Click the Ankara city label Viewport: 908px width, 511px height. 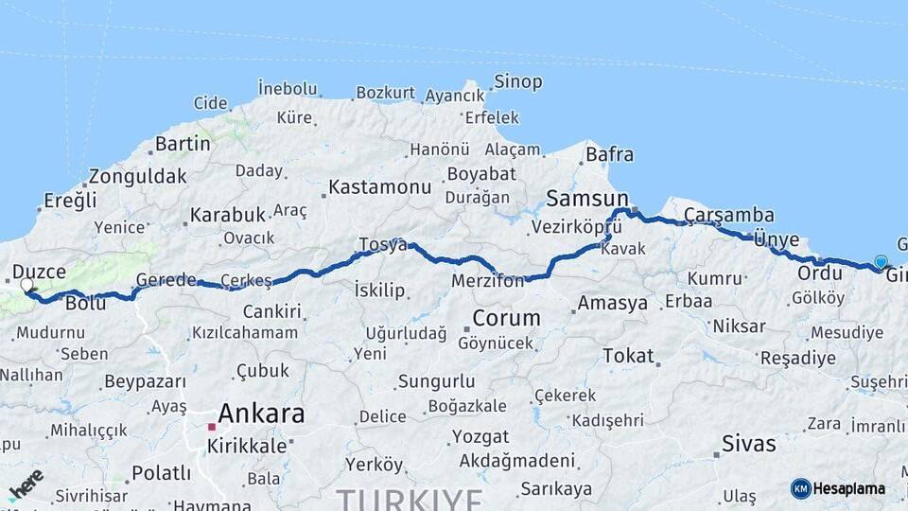(261, 414)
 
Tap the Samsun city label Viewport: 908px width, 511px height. (582, 198)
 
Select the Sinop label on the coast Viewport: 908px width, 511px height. (518, 81)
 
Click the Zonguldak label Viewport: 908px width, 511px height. (137, 176)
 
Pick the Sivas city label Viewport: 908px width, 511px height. (748, 443)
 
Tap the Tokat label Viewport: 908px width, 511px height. (628, 356)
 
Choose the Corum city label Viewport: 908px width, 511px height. (506, 318)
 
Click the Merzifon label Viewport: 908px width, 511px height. (487, 281)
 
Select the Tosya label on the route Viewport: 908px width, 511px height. (382, 245)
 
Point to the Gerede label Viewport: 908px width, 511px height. (166, 280)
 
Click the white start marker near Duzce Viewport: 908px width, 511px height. (26, 285)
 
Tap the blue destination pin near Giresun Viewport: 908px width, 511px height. (881, 262)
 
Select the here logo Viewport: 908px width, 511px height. (26, 484)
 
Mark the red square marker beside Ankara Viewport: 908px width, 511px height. (211, 427)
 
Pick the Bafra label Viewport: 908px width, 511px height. (609, 153)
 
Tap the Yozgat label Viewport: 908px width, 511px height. (480, 437)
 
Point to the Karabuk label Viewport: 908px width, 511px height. (227, 215)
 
